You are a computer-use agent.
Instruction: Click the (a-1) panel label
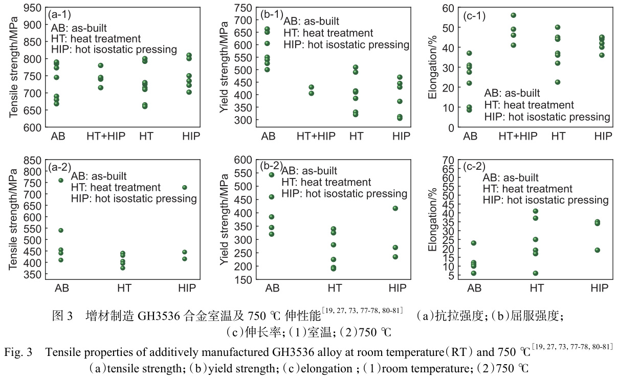(x=59, y=15)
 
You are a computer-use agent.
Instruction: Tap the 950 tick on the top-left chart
(x=32, y=8)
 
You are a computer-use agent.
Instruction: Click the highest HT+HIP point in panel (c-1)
(x=513, y=15)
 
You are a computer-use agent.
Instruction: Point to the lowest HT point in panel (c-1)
(x=557, y=82)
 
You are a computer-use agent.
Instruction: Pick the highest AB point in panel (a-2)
(x=61, y=180)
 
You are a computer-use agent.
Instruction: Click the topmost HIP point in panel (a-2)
(x=185, y=188)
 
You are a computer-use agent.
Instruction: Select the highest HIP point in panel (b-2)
(x=395, y=208)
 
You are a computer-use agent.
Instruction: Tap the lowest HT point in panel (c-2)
(x=535, y=273)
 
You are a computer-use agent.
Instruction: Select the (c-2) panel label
(x=474, y=166)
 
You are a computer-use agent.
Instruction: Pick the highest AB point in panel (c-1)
(x=469, y=53)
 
